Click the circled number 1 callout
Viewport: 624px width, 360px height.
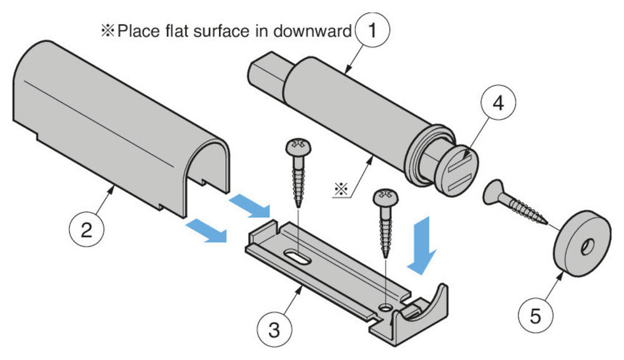[x=373, y=29]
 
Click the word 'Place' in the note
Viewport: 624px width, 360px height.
[x=136, y=31]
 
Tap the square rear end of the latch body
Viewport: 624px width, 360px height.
[x=266, y=74]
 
